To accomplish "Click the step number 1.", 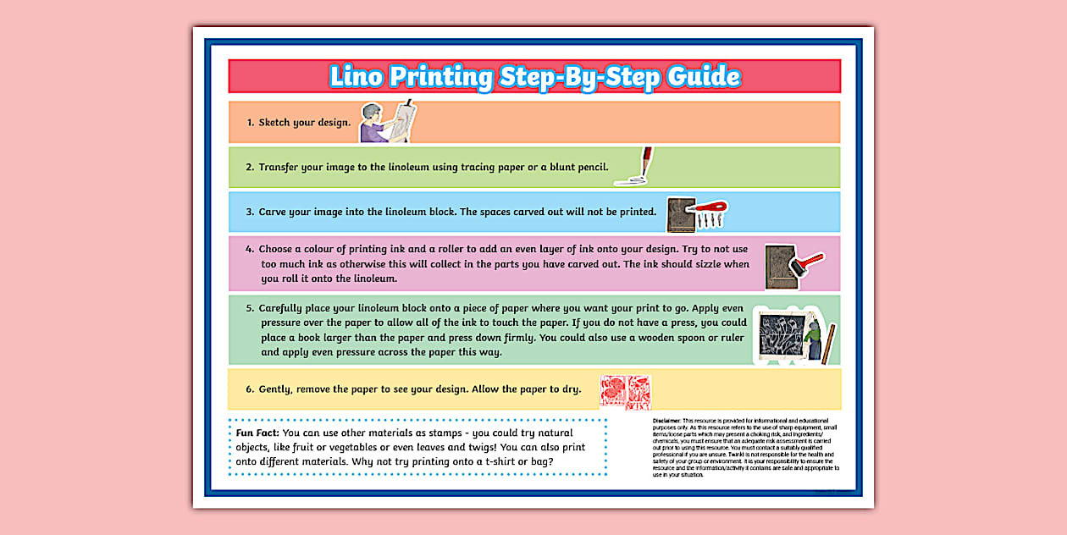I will pos(250,123).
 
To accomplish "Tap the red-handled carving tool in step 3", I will pos(709,207).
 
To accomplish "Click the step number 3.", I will pos(250,212).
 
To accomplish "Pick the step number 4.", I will pos(250,250).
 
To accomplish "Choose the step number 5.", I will pos(250,309).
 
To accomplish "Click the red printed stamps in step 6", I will pos(625,392).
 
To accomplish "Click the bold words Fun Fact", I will pos(257,433).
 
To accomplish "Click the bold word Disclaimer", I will pos(666,421).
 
